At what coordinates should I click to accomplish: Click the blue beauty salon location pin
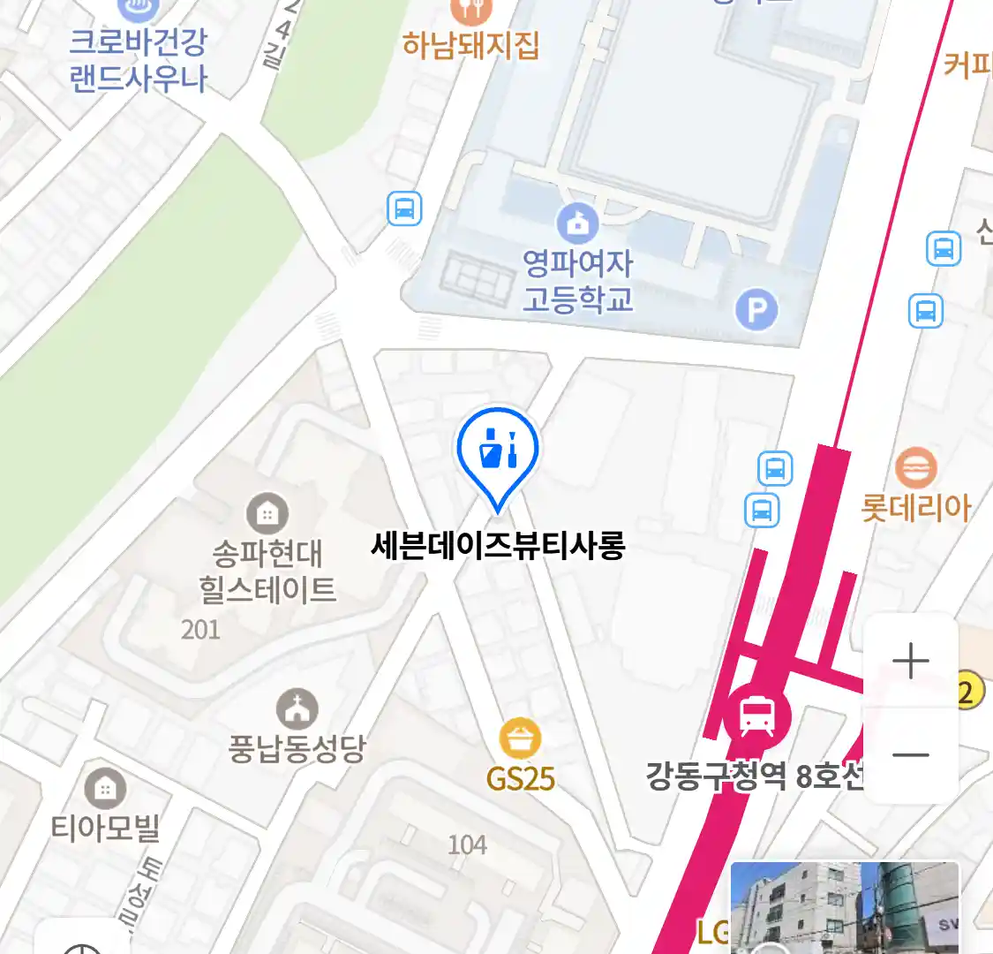point(498,450)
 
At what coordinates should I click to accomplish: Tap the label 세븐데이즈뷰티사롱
point(498,545)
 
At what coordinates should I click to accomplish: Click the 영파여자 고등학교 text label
point(578,282)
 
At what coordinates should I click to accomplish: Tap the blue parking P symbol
point(756,310)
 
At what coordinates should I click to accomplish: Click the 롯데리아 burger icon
point(915,467)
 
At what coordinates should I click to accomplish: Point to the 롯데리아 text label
point(915,509)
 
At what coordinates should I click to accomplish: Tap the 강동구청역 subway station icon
point(756,715)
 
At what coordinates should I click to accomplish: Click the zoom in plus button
point(910,661)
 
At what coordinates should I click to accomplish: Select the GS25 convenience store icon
point(520,738)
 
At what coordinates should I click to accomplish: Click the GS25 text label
point(520,779)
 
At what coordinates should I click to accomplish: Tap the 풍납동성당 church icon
point(297,709)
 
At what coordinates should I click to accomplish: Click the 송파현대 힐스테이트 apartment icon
point(267,513)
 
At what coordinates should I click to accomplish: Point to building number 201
point(200,630)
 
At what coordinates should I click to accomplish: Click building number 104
point(467,845)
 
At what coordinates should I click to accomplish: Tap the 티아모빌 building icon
point(105,788)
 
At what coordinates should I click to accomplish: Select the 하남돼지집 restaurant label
point(470,44)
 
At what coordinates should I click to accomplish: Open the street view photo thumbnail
point(844,908)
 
